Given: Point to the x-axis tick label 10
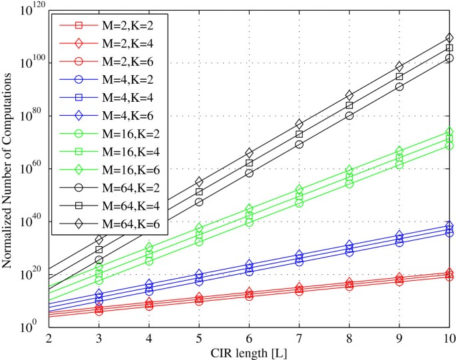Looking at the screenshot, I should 449,339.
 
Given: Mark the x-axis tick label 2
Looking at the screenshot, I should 49,339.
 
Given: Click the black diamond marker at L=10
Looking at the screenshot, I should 449,37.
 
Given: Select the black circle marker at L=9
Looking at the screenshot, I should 399,87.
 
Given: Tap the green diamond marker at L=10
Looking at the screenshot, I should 449,132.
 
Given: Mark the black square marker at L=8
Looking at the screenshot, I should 349,105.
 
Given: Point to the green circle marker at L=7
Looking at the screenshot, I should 299,202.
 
